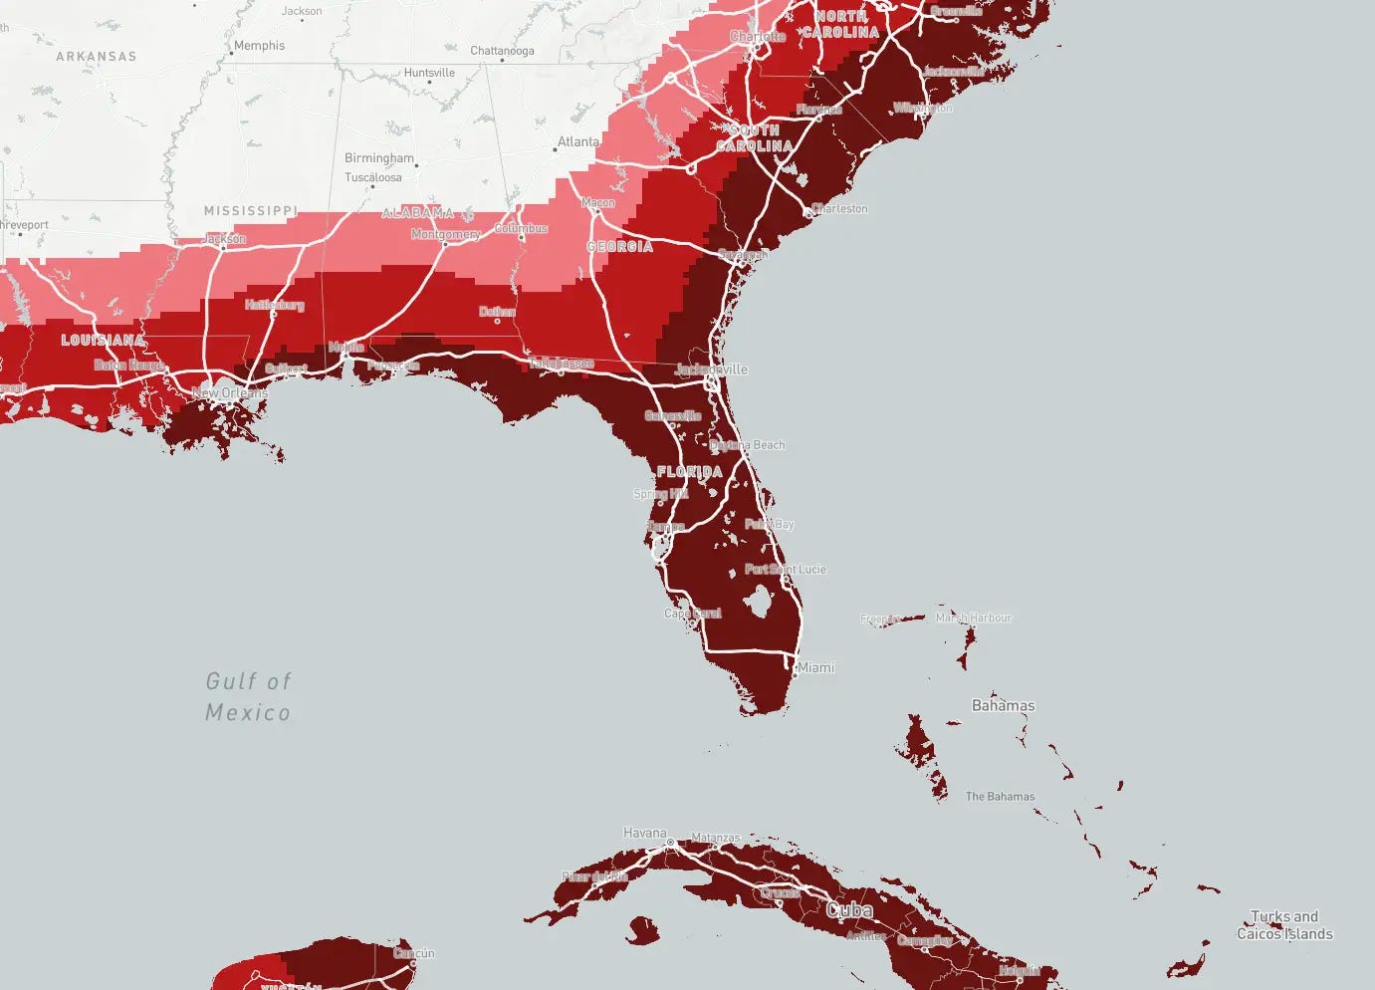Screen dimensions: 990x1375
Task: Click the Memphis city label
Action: pos(259,46)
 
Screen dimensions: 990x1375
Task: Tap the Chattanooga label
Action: pos(502,51)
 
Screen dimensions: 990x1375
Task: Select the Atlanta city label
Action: pos(577,142)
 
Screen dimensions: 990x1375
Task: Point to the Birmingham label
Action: pos(378,158)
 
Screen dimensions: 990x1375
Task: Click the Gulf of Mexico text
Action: pos(248,696)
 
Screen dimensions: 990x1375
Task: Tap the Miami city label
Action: pos(815,667)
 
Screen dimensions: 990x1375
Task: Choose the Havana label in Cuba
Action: pos(645,833)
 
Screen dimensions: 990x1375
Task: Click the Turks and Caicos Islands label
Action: pos(1284,925)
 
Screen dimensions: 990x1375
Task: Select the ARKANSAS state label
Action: pos(96,57)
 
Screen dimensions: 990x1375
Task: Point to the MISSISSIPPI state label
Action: pos(250,211)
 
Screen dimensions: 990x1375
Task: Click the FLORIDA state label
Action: pos(689,471)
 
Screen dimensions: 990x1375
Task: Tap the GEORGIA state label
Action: pos(619,247)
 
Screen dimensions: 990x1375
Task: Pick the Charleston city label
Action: pos(839,209)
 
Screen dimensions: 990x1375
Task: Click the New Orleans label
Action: pos(230,393)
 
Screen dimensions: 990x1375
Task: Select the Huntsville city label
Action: pos(429,73)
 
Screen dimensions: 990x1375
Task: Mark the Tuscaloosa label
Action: pos(373,178)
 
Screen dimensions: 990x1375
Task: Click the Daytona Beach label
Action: pos(748,445)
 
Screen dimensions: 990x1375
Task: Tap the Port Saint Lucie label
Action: pos(786,570)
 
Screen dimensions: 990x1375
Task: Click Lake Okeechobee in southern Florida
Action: pos(759,601)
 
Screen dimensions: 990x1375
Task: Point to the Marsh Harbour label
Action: pos(973,619)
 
